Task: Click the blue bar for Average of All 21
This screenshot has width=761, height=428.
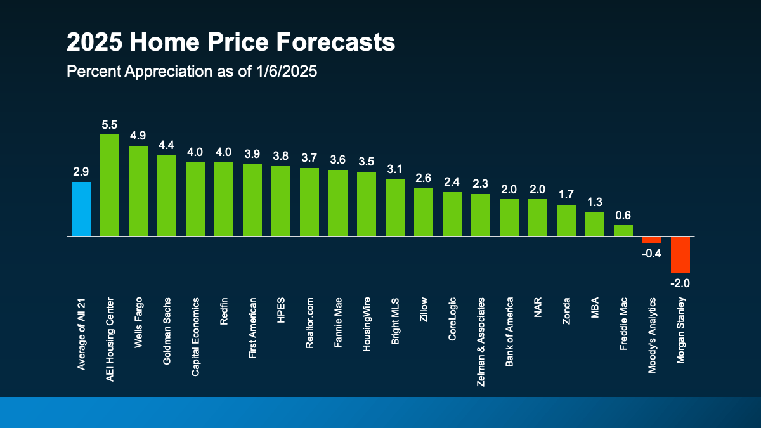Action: click(81, 209)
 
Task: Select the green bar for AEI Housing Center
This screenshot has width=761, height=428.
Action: click(110, 185)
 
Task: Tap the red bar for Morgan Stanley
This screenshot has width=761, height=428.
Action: click(680, 254)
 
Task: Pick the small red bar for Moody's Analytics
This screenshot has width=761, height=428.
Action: click(651, 240)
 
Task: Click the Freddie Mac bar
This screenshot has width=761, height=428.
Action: click(623, 230)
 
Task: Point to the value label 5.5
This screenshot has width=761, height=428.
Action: click(110, 125)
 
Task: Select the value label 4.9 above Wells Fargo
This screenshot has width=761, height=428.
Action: click(138, 136)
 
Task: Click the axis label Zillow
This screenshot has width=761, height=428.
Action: click(424, 311)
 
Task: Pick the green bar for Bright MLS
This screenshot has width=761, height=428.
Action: click(395, 207)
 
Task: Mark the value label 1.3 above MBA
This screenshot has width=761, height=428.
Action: click(594, 203)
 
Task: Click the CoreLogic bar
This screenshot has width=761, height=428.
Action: click(452, 214)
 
